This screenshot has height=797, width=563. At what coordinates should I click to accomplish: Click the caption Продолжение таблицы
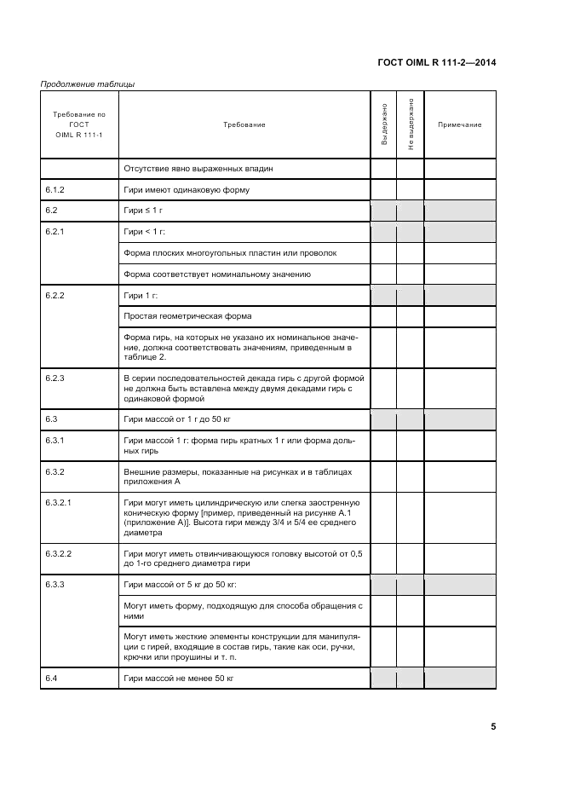point(87,84)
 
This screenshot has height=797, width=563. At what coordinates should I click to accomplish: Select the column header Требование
point(244,124)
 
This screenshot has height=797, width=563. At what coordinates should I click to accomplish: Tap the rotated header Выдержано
point(384,124)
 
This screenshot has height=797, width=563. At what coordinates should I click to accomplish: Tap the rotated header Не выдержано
point(411,124)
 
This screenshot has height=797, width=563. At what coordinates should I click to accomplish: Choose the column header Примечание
point(459,124)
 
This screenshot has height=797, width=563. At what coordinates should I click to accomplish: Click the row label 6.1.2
point(55,189)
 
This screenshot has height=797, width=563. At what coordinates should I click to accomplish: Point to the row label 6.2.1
point(55,231)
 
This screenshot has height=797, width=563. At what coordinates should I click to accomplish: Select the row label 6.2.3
point(55,377)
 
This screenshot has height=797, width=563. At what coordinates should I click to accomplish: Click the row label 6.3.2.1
point(59,503)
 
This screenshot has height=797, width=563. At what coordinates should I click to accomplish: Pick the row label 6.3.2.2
point(59,554)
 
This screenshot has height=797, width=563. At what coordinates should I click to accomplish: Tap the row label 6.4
point(51,678)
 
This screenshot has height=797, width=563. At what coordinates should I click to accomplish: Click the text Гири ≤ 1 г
point(143,210)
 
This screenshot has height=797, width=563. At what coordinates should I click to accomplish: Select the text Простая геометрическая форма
point(187,315)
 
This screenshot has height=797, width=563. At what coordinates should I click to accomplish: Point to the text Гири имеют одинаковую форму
point(187,189)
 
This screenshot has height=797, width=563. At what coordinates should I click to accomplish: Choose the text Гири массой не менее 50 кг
point(179,678)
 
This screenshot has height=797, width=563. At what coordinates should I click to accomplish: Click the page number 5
point(493,727)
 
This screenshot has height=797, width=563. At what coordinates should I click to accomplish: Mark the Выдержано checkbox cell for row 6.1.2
point(384,189)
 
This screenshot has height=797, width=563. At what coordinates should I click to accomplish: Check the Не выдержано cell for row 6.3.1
point(411,444)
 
